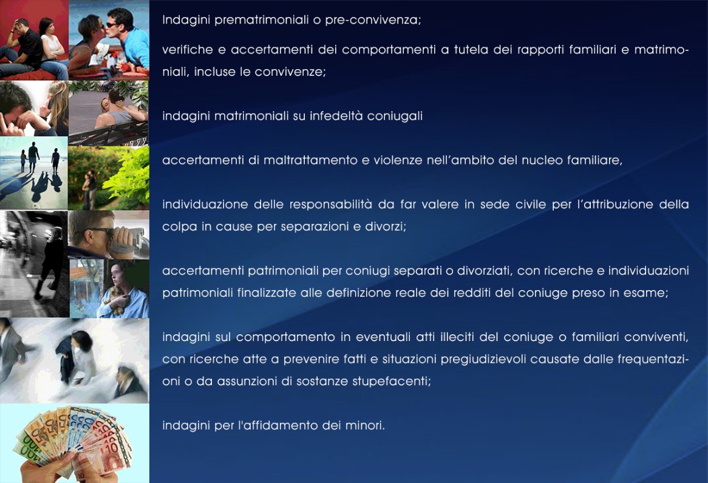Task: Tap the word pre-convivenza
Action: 372,20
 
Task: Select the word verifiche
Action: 188,50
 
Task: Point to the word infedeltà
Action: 336,116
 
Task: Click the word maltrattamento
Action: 310,160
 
